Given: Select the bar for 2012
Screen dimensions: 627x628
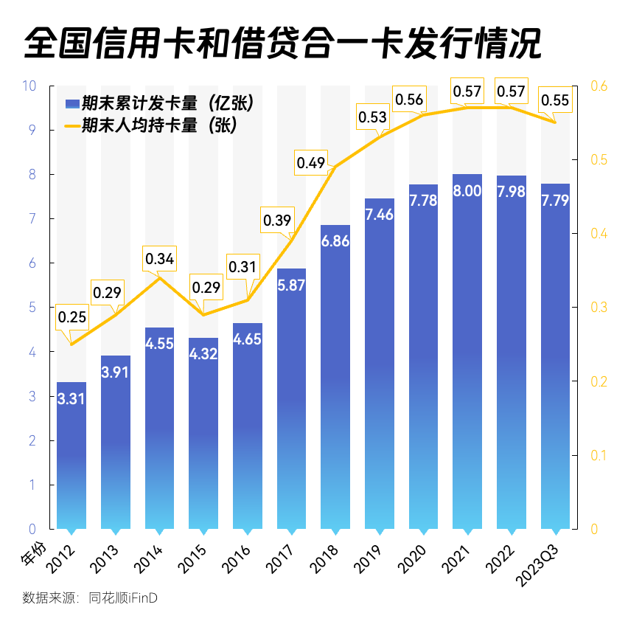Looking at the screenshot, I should coord(71,457).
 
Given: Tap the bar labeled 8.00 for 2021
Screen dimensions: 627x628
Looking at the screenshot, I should coord(467,354).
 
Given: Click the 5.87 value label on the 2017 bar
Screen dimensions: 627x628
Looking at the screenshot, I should coord(292,286).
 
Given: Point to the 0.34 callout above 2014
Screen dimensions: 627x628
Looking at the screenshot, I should coord(160,259).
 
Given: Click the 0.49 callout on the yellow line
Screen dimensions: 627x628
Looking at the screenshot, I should coord(311,162).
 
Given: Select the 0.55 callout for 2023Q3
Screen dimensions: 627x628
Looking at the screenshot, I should coord(555,101).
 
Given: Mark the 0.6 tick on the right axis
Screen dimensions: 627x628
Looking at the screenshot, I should coord(599,86).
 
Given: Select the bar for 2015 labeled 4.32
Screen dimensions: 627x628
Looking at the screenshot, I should coord(203,435).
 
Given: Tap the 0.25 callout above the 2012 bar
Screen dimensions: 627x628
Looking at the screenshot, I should coord(71,318).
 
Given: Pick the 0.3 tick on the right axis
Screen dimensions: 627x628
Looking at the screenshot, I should coord(599,307).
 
